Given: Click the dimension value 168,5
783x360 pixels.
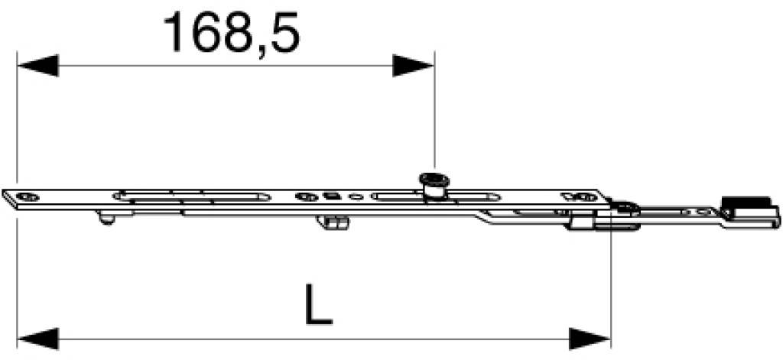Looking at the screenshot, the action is point(232,33).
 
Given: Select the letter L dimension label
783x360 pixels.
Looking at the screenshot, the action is point(318,303).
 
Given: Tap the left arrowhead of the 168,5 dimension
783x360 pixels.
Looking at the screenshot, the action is point(38,66).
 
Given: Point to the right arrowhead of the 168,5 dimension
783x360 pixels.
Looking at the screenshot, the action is point(413,66).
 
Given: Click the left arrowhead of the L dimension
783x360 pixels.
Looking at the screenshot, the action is point(38,339).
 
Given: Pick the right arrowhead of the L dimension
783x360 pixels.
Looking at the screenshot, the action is point(590,339).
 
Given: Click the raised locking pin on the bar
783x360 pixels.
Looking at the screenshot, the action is point(434,186).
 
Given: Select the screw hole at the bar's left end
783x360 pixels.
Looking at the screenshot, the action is point(28,196).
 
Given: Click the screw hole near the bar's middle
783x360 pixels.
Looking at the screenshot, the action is point(306,196).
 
